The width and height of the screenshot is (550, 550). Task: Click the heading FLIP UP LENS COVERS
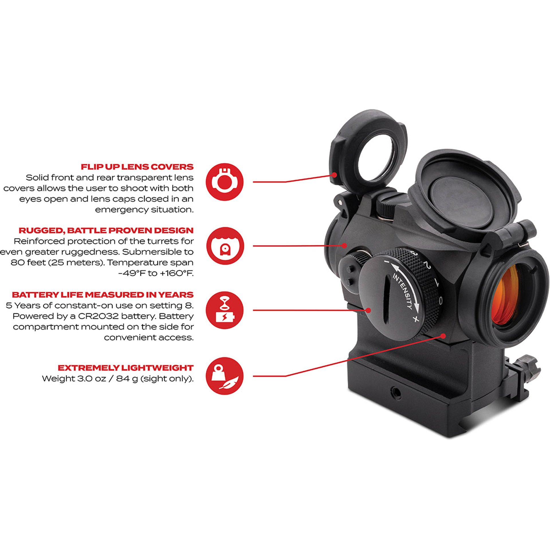coord(137,167)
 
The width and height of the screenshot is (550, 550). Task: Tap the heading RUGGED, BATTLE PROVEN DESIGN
coord(106,230)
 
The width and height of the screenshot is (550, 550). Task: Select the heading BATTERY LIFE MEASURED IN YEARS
coord(103,294)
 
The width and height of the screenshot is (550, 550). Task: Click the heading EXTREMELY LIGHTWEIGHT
coord(125,368)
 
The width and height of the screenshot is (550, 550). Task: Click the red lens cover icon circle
coord(225,182)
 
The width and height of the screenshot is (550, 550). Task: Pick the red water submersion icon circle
coord(225,246)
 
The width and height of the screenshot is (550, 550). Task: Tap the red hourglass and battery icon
coord(225,310)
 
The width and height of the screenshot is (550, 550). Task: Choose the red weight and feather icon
coord(225,376)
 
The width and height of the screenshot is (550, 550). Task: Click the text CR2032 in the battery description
coord(95,316)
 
